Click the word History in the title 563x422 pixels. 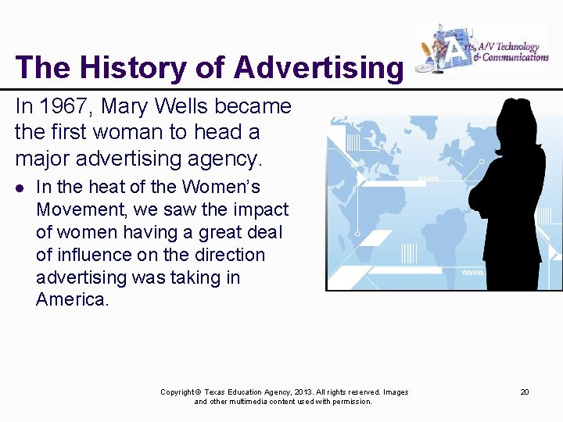point(117,68)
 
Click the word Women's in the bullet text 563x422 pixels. point(223,188)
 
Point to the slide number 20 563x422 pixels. point(525,392)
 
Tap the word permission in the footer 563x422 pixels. point(351,402)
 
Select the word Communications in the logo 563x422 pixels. point(516,57)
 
